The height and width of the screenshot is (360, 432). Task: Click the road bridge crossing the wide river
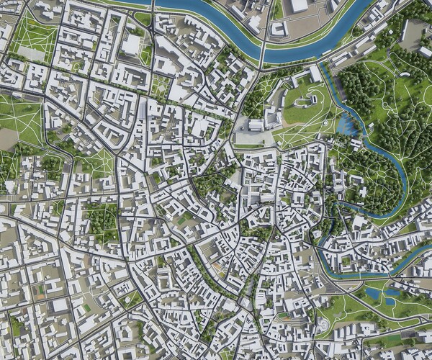coord(264,51)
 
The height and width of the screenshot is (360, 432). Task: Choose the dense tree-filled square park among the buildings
coord(102,219)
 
